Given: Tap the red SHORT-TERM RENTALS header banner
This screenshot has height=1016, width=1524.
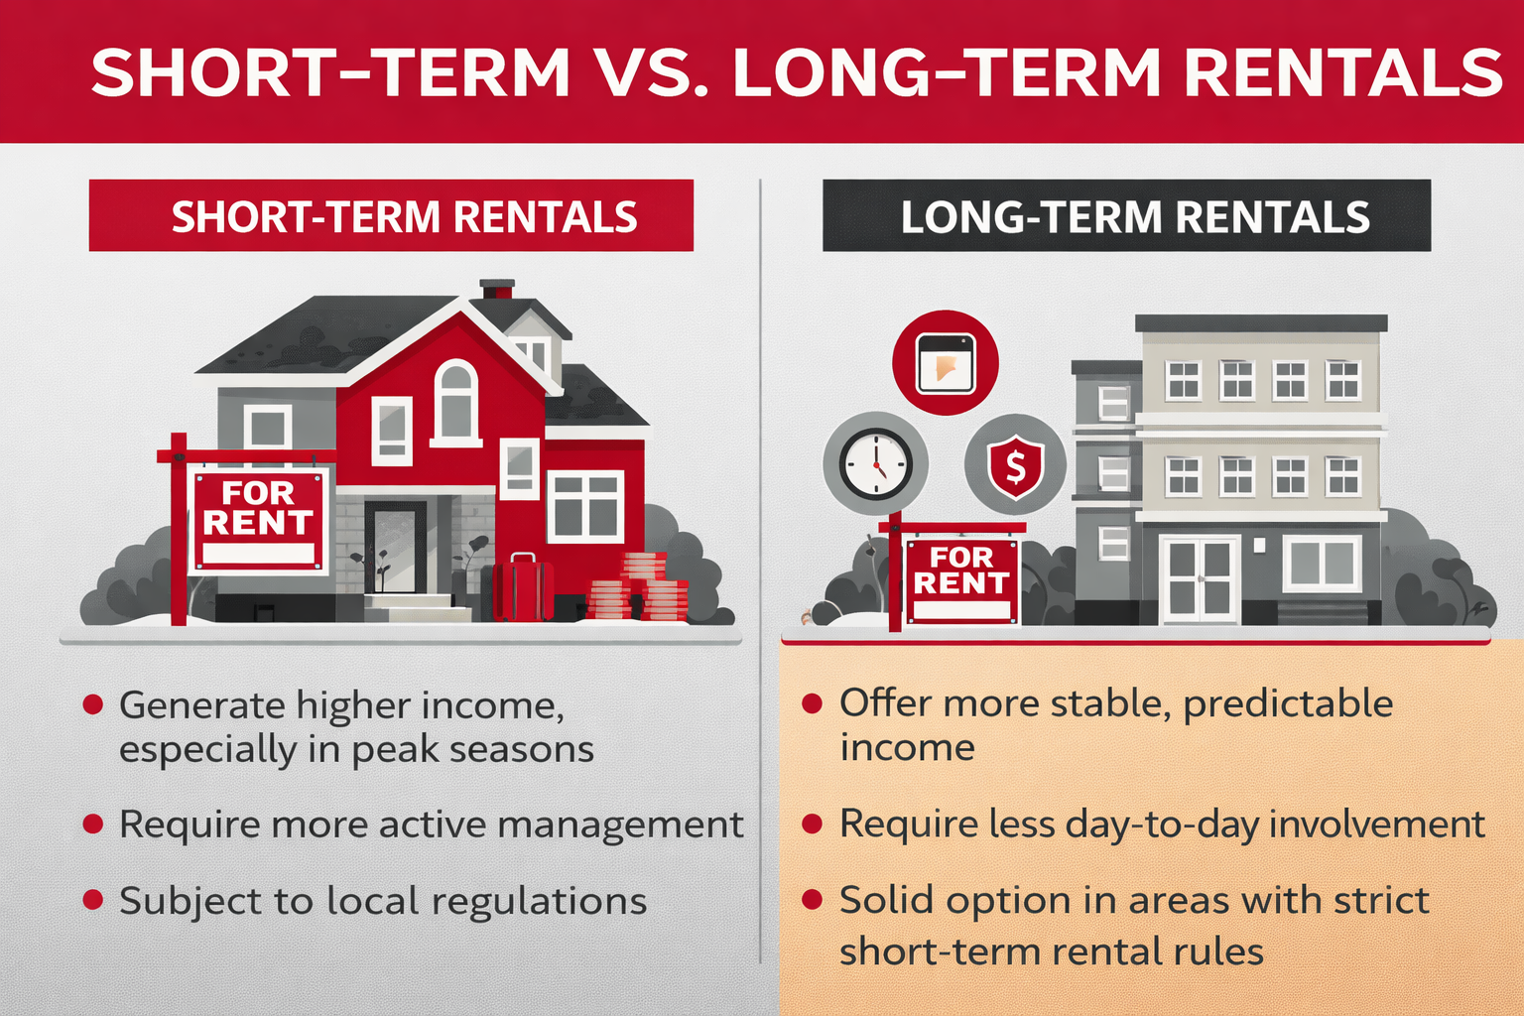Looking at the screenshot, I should pyautogui.click(x=391, y=215).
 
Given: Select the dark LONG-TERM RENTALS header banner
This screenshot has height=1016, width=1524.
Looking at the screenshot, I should pyautogui.click(x=1126, y=215).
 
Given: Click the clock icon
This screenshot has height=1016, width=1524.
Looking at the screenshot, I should pyautogui.click(x=875, y=463).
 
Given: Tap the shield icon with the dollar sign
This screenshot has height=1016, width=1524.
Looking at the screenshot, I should pyautogui.click(x=1015, y=464).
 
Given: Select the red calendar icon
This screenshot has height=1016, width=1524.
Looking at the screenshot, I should pyautogui.click(x=945, y=363).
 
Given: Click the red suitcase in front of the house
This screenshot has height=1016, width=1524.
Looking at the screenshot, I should pyautogui.click(x=523, y=588).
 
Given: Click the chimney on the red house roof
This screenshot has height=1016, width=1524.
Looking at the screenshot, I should pyautogui.click(x=497, y=289).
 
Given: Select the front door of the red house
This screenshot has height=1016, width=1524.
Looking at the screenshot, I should pyautogui.click(x=394, y=548).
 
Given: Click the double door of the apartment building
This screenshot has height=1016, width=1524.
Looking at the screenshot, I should pyautogui.click(x=1200, y=578).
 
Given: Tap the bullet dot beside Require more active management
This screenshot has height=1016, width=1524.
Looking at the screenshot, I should pyautogui.click(x=93, y=824).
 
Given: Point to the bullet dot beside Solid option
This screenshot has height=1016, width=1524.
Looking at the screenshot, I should pyautogui.click(x=812, y=900).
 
